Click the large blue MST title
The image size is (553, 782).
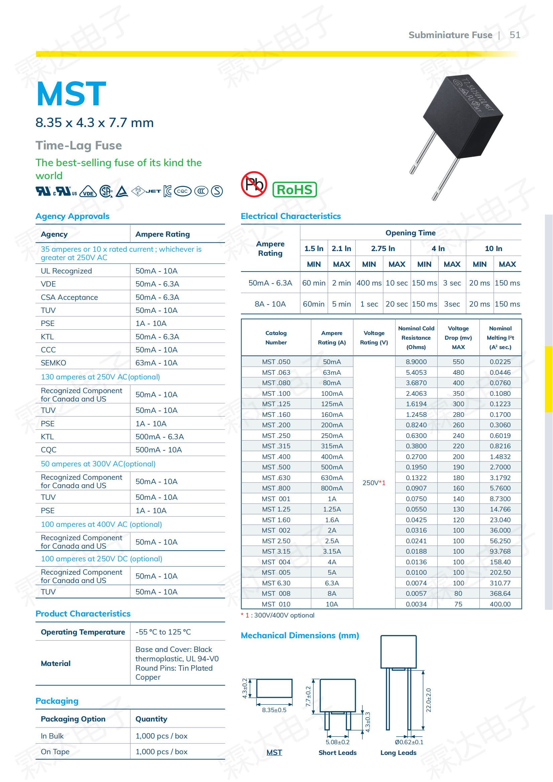(x=71, y=94)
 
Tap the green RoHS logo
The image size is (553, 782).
(x=294, y=190)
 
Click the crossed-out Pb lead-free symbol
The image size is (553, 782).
(x=254, y=184)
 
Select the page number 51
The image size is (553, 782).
(x=515, y=35)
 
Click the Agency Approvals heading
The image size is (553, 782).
(x=72, y=216)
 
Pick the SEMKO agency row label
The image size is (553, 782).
(x=53, y=363)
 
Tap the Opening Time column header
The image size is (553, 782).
(x=410, y=233)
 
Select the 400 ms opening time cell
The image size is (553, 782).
(x=369, y=283)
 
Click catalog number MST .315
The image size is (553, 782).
(x=276, y=446)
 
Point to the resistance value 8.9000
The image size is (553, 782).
(x=416, y=362)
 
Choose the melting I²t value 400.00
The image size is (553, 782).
(x=500, y=604)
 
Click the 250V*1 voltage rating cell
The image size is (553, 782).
(x=373, y=483)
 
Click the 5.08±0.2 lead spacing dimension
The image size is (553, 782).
(x=337, y=742)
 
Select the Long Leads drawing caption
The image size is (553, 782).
(x=398, y=753)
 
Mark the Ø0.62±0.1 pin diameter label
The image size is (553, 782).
(x=409, y=742)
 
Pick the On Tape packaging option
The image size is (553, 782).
(x=55, y=752)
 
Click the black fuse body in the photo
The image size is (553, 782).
(x=463, y=116)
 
